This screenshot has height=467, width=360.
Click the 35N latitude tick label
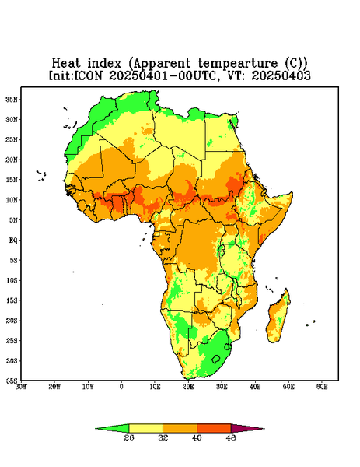(12, 99)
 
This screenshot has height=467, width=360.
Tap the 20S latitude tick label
(12, 321)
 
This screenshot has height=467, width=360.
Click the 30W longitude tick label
(21, 387)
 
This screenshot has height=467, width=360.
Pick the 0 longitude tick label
(121, 387)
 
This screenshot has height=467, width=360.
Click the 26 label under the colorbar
(129, 437)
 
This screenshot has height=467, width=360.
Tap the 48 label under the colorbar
(231, 437)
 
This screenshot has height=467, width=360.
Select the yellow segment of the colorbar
(145, 428)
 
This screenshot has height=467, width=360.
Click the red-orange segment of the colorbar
(214, 428)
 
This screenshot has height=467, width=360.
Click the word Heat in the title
(66, 64)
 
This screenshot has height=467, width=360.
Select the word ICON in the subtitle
(89, 75)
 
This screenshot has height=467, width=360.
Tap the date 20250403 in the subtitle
(281, 75)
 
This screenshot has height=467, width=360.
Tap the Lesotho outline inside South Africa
(216, 359)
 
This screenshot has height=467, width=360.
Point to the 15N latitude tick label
(12, 180)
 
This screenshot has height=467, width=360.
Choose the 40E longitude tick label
(255, 387)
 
